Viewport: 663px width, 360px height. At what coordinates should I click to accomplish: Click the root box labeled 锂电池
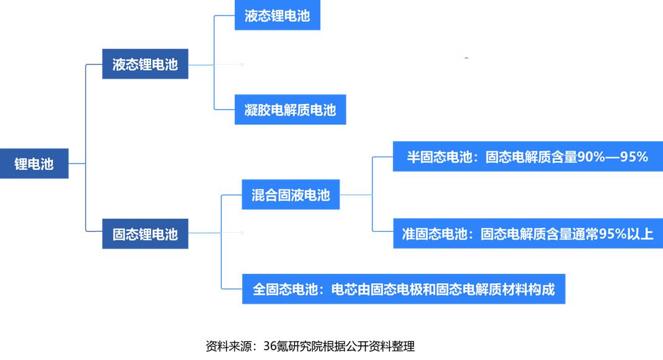pyautogui.click(x=34, y=164)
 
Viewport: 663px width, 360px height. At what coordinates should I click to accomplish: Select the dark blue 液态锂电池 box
pyautogui.click(x=145, y=64)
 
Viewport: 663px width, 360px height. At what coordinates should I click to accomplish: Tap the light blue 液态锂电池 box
pyautogui.click(x=278, y=15)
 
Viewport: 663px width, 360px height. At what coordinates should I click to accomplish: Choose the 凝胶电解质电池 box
pyautogui.click(x=290, y=110)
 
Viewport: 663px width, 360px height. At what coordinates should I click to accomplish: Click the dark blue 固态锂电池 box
pyautogui.click(x=145, y=234)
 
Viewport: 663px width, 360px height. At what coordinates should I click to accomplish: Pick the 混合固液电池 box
pyautogui.click(x=291, y=195)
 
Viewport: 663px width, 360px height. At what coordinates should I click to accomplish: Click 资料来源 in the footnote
pyautogui.click(x=229, y=346)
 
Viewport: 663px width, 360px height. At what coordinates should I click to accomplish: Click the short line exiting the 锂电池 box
pyautogui.click(x=77, y=164)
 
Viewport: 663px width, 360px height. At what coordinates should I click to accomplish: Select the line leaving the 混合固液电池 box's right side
pyautogui.click(x=356, y=195)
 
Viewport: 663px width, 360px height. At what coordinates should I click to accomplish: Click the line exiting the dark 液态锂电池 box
pyautogui.click(x=201, y=64)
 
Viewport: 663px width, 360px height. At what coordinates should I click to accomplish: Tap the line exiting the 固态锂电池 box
pyautogui.click(x=204, y=232)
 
